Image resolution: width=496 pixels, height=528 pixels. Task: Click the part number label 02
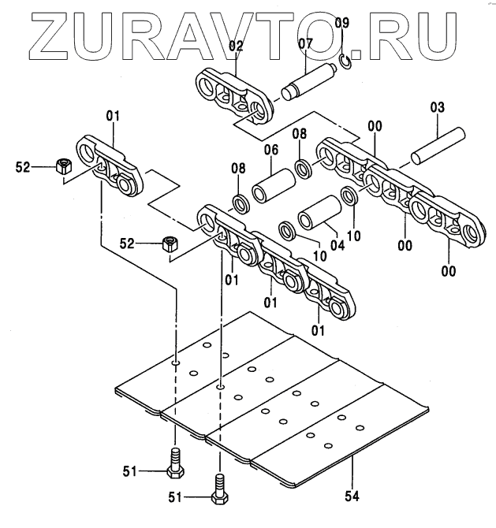point(235,46)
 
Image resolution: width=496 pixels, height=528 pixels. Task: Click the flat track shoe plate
point(268,410)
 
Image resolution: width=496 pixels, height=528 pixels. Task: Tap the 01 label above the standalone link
point(113,117)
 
